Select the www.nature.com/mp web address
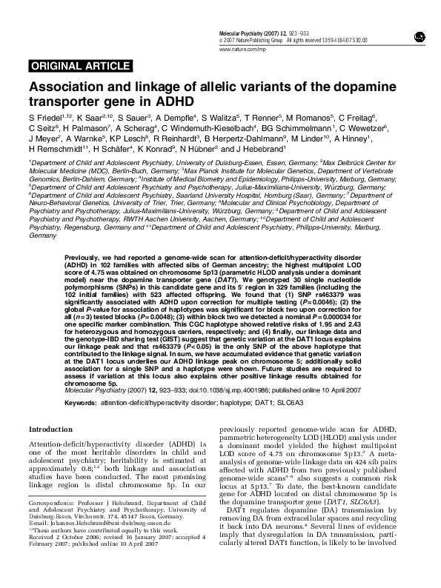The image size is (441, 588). click(x=241, y=48)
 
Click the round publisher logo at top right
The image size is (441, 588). click(x=420, y=35)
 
